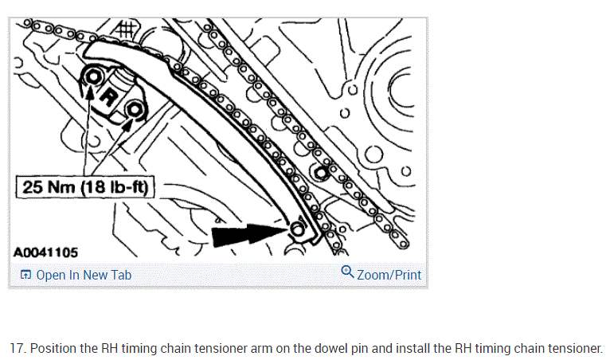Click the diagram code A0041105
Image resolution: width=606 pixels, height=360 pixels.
(x=46, y=252)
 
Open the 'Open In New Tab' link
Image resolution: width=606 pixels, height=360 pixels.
(x=84, y=275)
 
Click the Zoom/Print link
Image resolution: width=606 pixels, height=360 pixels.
(x=389, y=275)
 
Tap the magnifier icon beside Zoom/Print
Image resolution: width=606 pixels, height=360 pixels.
(x=347, y=272)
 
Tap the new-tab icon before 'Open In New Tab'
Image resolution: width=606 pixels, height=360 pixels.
(x=25, y=276)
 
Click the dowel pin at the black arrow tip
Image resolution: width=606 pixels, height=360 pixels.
(x=297, y=230)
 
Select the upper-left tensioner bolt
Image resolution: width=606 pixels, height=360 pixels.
(x=92, y=76)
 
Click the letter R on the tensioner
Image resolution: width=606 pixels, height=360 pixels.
(x=113, y=93)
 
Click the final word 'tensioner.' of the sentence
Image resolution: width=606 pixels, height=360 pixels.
(x=579, y=349)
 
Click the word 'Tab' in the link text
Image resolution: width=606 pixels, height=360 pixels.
(x=120, y=275)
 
